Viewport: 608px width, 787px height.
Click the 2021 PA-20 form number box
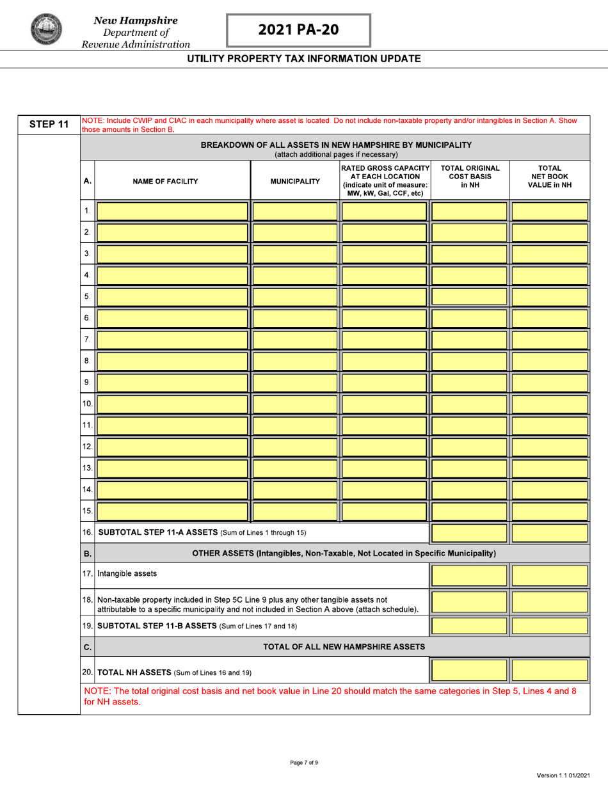point(298,30)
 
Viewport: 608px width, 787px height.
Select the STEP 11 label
point(48,125)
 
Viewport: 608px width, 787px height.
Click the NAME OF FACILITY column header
point(165,181)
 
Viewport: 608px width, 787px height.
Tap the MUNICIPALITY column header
point(294,181)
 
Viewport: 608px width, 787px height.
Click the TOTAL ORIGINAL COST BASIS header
point(470,176)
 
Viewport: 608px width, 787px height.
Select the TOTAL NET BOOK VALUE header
point(549,176)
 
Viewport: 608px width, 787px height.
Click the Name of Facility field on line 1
point(172,211)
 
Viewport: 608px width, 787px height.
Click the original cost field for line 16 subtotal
point(469,532)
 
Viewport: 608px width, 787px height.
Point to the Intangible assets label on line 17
point(127,573)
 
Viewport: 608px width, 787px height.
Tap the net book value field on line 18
point(549,602)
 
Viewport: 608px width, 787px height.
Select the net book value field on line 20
point(549,671)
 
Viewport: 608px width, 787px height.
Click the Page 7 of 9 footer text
point(303,762)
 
